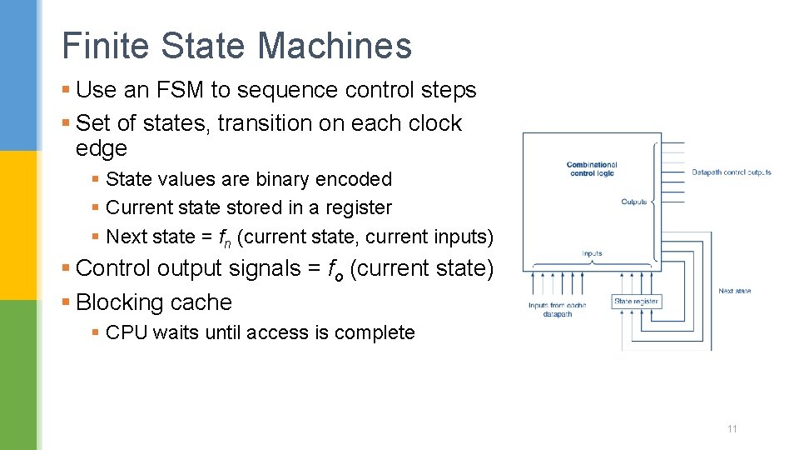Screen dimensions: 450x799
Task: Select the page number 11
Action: pyautogui.click(x=732, y=429)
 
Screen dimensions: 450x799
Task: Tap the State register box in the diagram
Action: pyautogui.click(x=637, y=302)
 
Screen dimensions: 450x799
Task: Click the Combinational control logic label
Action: pyautogui.click(x=592, y=169)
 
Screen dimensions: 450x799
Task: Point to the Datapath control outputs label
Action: pyautogui.click(x=732, y=172)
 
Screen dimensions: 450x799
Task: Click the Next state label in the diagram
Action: pyautogui.click(x=735, y=291)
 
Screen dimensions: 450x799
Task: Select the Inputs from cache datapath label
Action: pyautogui.click(x=557, y=310)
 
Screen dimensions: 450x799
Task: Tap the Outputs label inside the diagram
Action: pyautogui.click(x=634, y=202)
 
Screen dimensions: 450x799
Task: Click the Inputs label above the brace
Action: pyautogui.click(x=592, y=253)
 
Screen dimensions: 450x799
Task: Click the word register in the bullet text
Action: pyautogui.click(x=356, y=207)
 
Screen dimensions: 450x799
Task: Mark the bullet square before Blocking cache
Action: pyautogui.click(x=67, y=303)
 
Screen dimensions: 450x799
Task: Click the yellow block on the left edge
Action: pyautogui.click(x=18, y=225)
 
